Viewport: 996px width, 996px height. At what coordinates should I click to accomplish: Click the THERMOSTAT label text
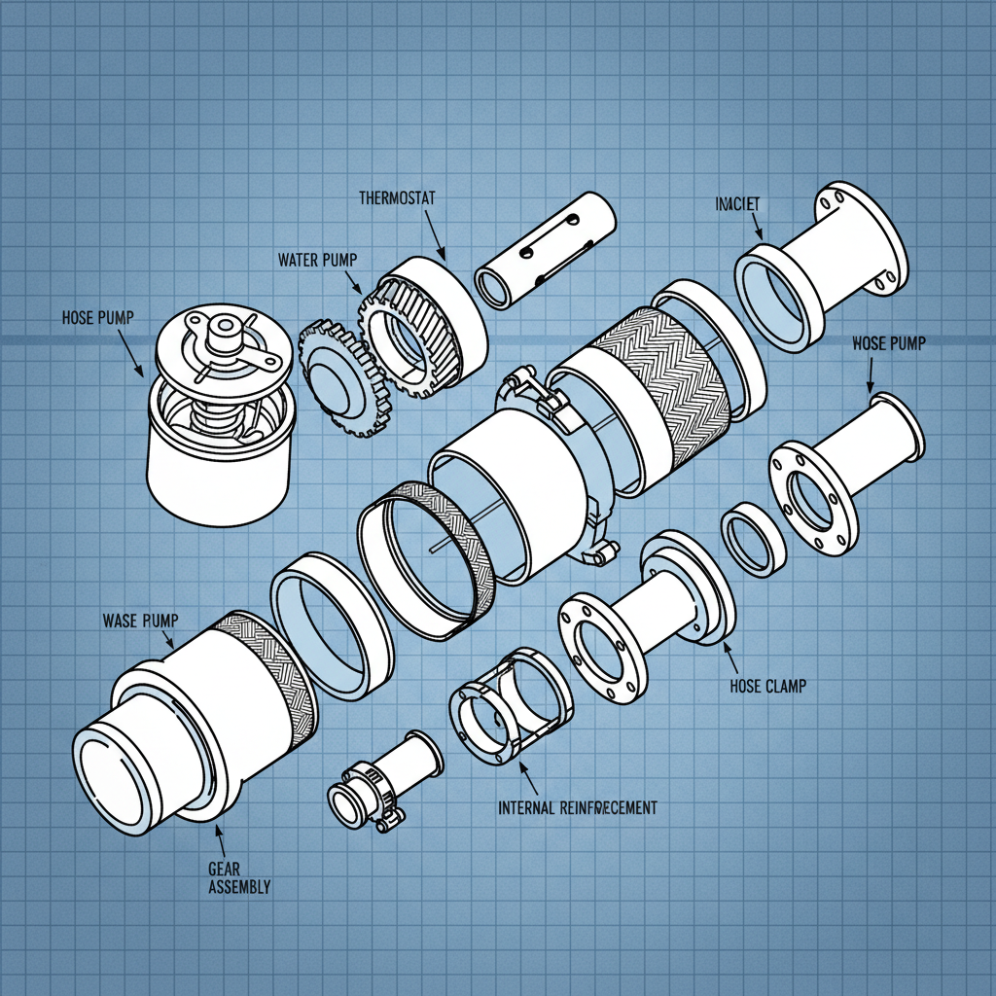(x=397, y=197)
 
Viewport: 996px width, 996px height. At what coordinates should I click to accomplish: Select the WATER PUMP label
(x=317, y=260)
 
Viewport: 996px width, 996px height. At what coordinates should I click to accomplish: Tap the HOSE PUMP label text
(x=98, y=318)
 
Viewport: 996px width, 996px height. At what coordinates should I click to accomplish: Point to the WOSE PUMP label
(x=888, y=343)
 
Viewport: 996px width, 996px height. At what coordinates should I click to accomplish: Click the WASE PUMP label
(x=140, y=621)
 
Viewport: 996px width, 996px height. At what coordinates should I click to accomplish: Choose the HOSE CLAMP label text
(x=767, y=686)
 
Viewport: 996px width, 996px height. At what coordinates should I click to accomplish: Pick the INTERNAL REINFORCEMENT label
(x=577, y=807)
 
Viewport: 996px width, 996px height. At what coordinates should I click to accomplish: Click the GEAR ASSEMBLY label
(x=238, y=877)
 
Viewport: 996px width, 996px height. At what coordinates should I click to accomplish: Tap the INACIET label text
(x=737, y=204)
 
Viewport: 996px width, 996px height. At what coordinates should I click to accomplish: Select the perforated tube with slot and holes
(x=547, y=250)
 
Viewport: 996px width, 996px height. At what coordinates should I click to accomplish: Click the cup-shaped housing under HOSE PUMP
(x=222, y=457)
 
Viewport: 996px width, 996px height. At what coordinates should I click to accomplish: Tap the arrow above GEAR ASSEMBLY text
(x=220, y=836)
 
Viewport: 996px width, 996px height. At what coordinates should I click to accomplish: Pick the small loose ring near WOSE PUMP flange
(x=753, y=536)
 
